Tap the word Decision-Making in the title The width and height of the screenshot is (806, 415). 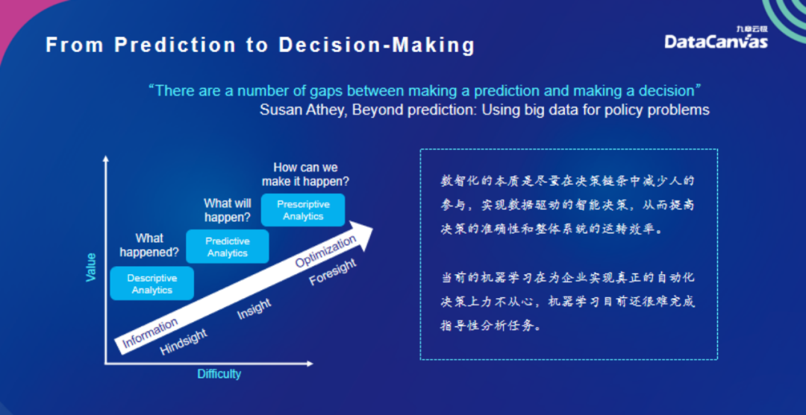click(376, 45)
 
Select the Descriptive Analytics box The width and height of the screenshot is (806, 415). click(152, 284)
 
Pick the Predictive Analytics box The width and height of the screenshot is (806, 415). click(228, 247)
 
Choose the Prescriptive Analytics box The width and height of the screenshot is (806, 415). click(303, 210)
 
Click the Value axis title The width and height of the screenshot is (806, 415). click(91, 267)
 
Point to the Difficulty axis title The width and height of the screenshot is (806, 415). click(219, 373)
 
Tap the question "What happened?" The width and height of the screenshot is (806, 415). click(149, 245)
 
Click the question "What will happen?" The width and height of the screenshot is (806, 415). click(228, 210)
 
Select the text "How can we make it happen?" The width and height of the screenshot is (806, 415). click(305, 174)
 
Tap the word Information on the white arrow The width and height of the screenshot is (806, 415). click(150, 333)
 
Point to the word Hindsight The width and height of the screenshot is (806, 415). click(184, 342)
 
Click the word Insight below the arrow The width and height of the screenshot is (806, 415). click(254, 309)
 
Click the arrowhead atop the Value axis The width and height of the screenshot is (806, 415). click(106, 159)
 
